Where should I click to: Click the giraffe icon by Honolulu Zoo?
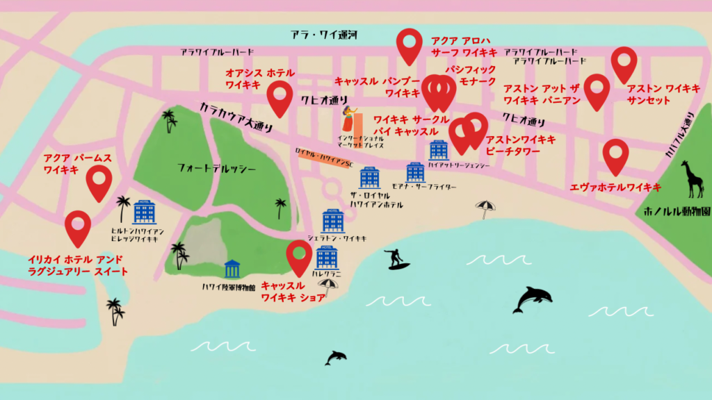tap(693, 178)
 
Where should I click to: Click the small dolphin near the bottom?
tap(336, 357)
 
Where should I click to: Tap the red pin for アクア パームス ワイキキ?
tap(99, 183)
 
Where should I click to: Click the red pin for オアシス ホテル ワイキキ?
tap(280, 98)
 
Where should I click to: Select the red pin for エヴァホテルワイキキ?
tap(615, 156)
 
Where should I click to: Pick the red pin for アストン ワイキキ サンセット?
tap(624, 64)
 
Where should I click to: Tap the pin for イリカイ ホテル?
tap(78, 228)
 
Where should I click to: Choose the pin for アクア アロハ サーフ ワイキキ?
tap(410, 46)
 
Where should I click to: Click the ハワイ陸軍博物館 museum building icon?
tap(232, 269)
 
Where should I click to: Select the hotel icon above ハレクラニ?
tap(326, 258)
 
